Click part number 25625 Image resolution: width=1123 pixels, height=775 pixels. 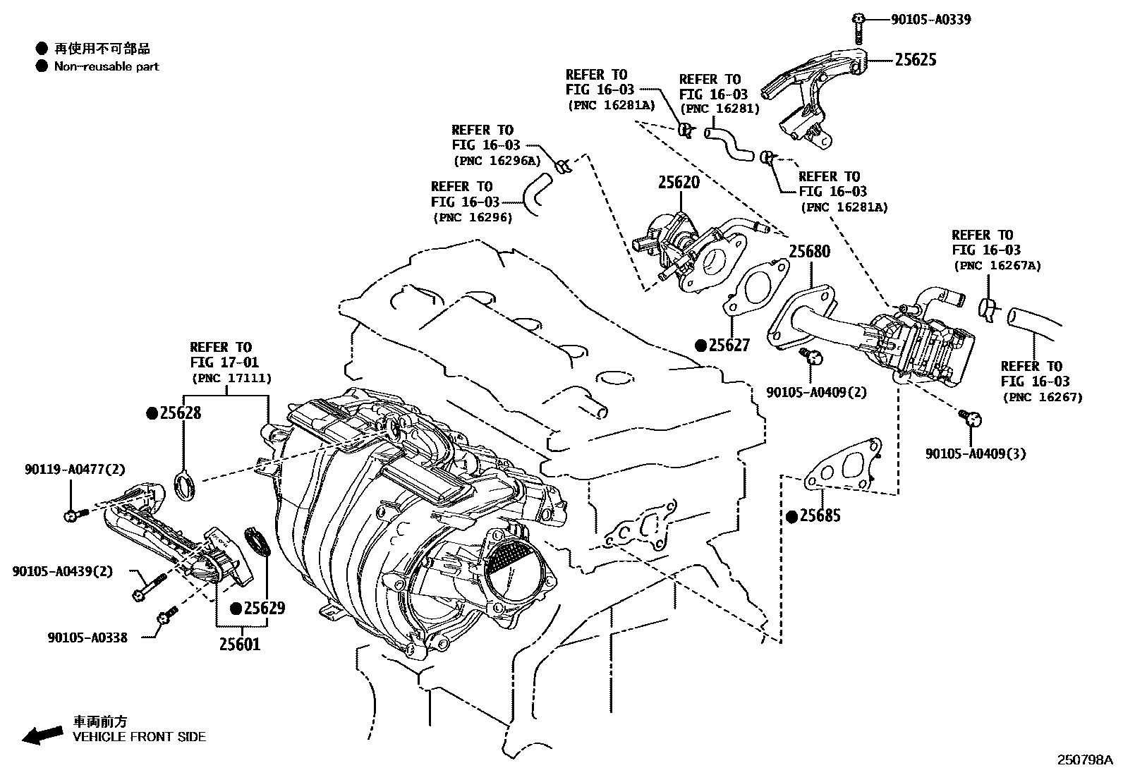point(916,60)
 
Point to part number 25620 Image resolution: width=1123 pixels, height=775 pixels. point(679,182)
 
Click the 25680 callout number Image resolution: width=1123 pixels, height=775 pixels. point(809,252)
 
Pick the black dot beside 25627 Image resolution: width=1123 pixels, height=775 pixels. point(700,346)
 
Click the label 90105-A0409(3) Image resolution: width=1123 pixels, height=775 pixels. point(976,454)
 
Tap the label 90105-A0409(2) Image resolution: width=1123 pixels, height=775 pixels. point(816,392)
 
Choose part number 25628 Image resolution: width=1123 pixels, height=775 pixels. point(180,413)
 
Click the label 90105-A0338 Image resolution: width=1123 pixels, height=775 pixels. point(87,637)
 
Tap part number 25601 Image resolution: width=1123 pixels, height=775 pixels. point(239,644)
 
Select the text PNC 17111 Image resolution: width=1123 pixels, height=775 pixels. point(231,379)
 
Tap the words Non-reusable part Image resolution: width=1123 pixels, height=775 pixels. point(107,67)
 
